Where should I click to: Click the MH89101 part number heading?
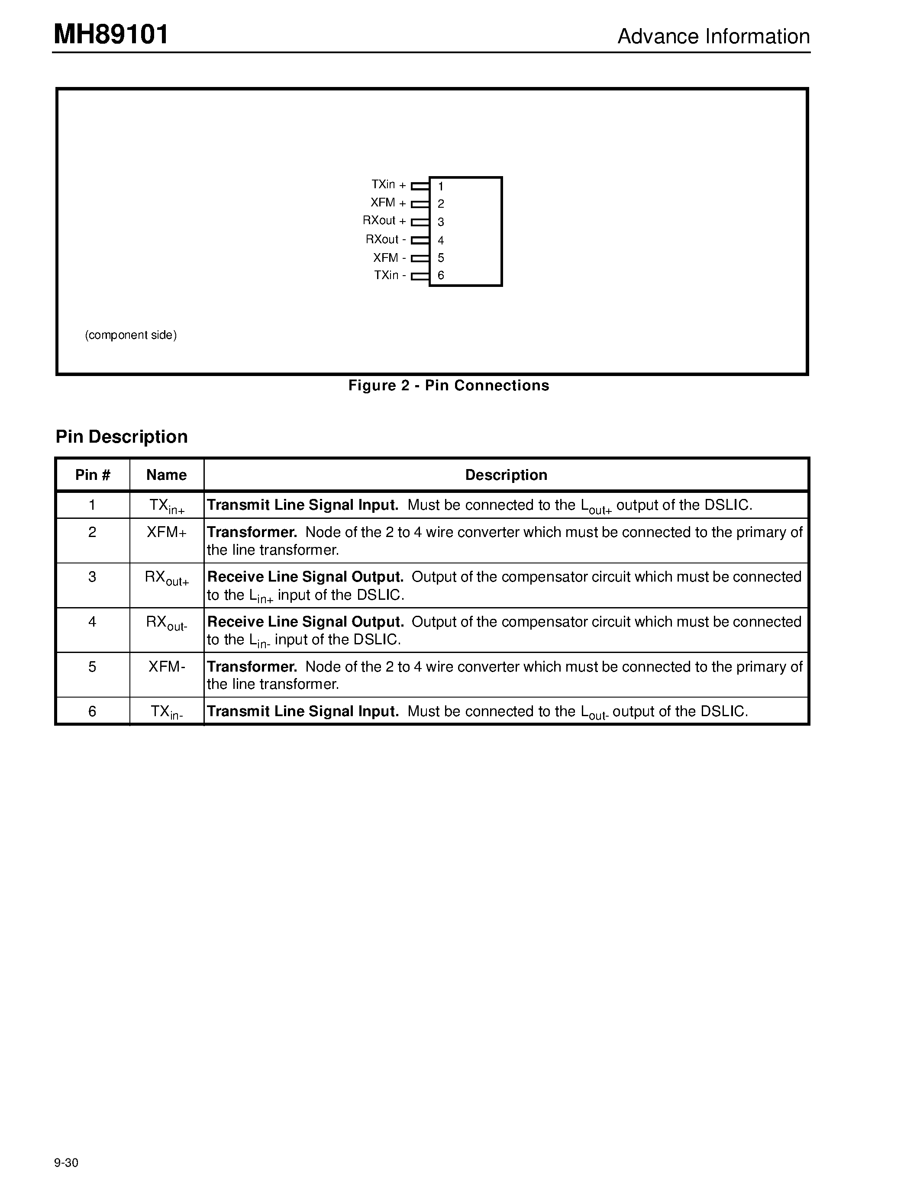(111, 35)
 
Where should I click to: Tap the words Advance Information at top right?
(713, 36)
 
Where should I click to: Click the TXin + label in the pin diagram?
(388, 185)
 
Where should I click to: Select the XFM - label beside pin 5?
(389, 258)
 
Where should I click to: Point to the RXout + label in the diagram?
(384, 221)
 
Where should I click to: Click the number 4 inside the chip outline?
(440, 240)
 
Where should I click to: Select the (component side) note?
(131, 335)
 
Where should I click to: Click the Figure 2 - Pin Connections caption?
(449, 386)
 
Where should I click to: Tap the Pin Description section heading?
(122, 437)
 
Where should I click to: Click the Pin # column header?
(93, 475)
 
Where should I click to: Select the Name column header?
(166, 475)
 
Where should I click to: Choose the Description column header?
(506, 475)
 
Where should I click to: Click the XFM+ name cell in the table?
(166, 532)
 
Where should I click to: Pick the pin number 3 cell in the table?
(92, 576)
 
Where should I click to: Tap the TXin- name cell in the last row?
(166, 711)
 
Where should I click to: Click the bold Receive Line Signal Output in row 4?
(305, 622)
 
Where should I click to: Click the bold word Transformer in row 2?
(252, 532)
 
